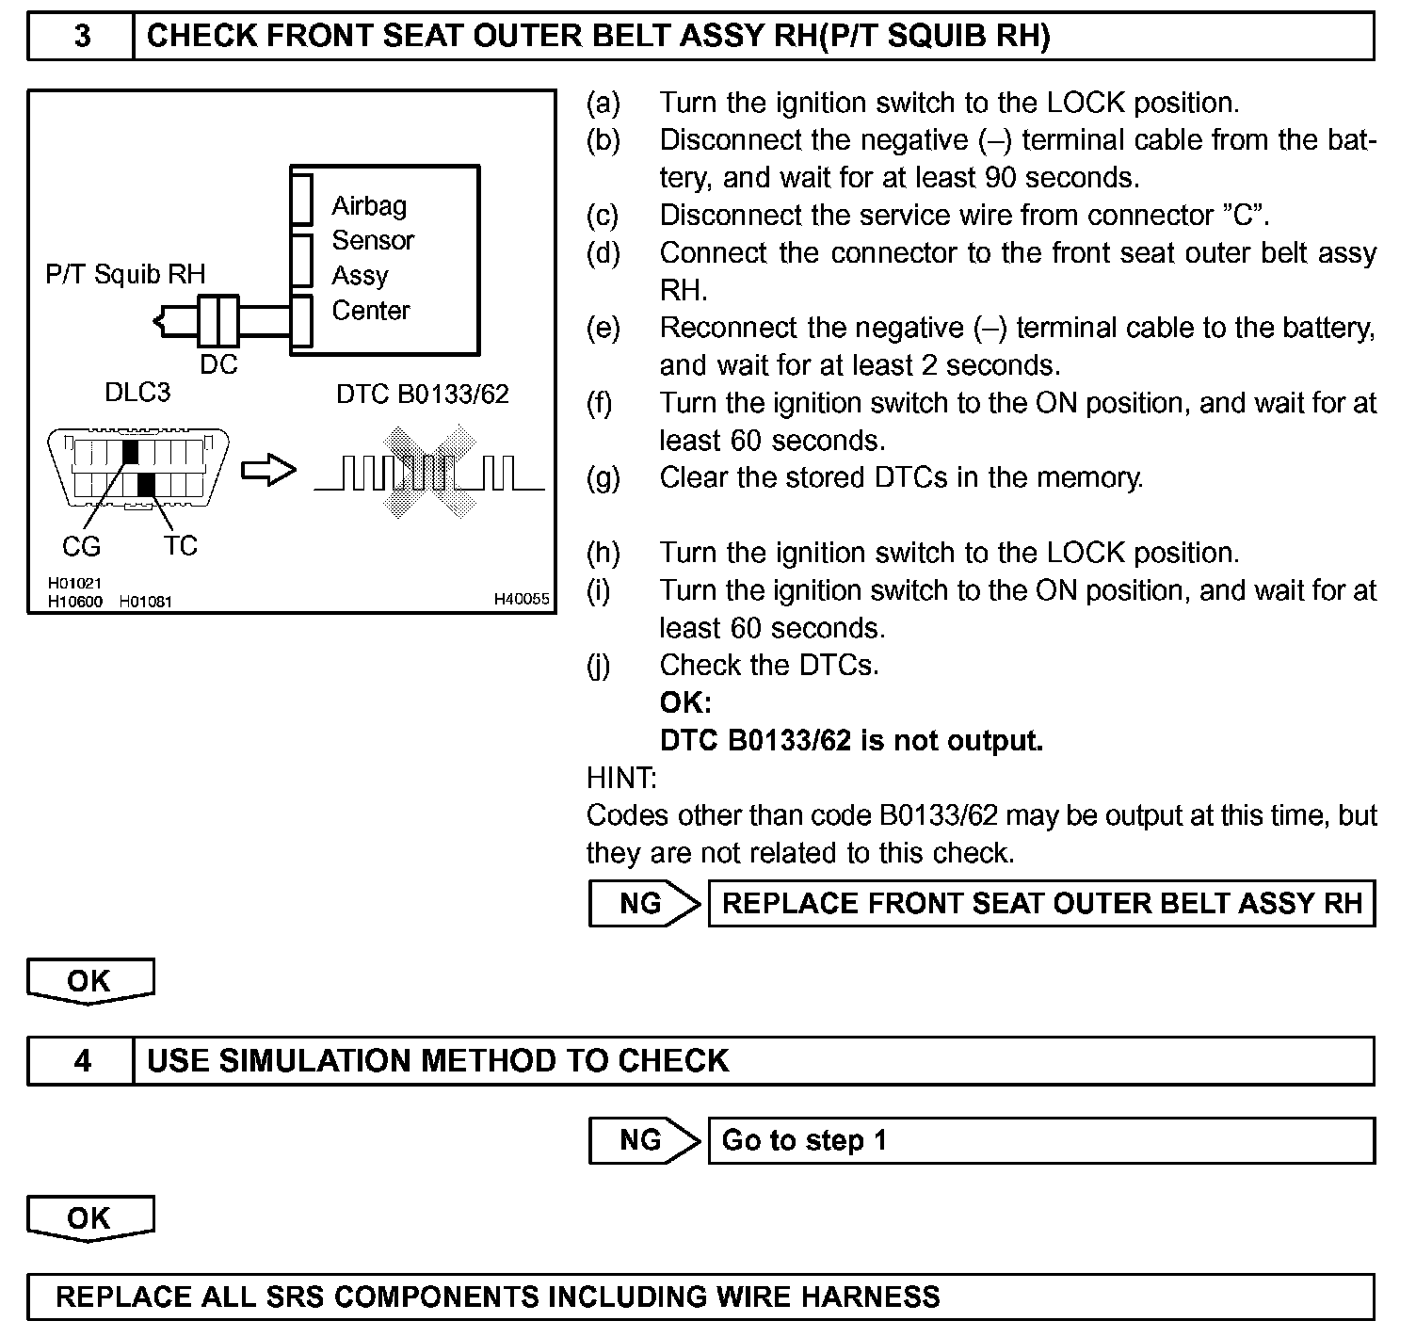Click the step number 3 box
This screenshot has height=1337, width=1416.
pos(82,37)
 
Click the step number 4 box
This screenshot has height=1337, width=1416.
pos(82,1061)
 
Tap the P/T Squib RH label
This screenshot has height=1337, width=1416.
pos(125,274)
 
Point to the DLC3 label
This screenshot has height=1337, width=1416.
pos(137,392)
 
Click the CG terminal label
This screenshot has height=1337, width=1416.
pos(81,546)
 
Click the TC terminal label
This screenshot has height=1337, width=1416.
pos(181,545)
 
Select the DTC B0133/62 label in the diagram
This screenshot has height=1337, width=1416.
pos(422,394)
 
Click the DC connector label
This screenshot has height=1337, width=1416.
pos(218,364)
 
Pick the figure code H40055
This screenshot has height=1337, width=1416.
pos(522,599)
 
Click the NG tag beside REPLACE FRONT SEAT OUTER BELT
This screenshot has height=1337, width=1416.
pos(642,904)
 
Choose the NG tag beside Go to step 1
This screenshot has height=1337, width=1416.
pos(642,1141)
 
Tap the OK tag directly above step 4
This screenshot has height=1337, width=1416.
pos(89,981)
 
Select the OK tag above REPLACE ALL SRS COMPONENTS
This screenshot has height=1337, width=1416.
pos(89,1218)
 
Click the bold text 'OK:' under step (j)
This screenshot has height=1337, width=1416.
pos(685,702)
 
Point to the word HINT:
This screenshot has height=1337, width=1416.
pos(621,778)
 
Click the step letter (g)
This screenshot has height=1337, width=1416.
pos(603,478)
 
